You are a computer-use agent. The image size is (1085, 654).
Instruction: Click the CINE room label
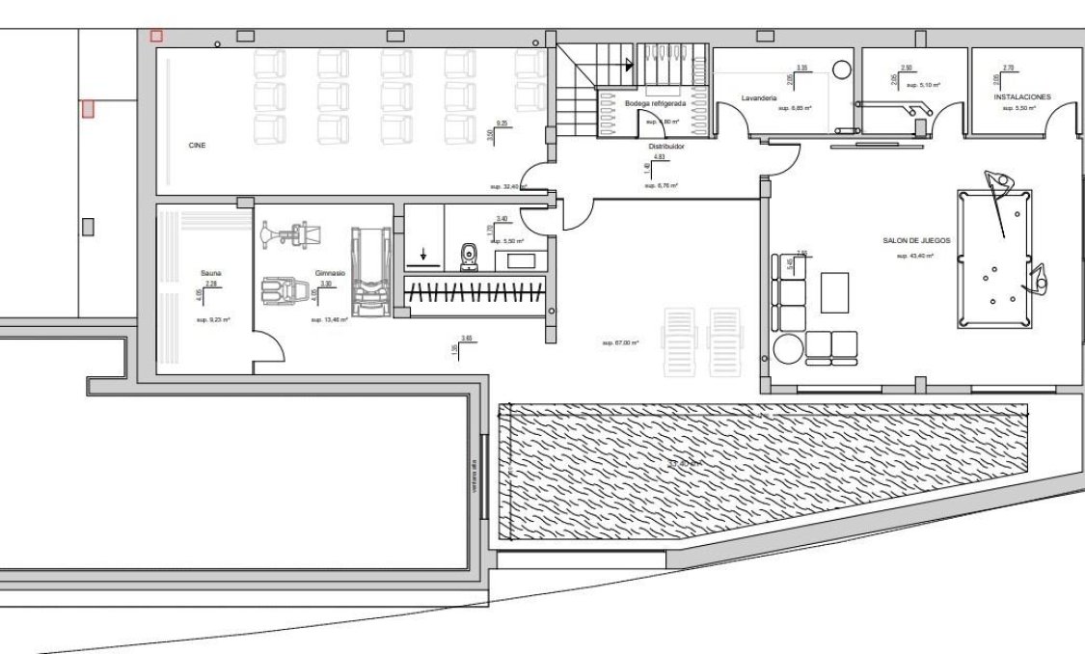[x=197, y=145]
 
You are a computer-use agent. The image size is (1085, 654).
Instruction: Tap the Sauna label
[x=211, y=273]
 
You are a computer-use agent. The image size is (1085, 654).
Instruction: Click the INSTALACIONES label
[x=1021, y=96]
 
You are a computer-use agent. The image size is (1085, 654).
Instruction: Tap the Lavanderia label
[x=759, y=97]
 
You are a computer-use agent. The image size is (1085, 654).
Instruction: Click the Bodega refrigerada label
[x=655, y=102]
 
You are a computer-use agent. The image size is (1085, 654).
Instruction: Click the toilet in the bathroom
[x=470, y=256]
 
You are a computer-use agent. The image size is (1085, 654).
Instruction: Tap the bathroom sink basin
[x=522, y=259]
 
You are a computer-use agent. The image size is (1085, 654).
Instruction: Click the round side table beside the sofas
[x=786, y=347]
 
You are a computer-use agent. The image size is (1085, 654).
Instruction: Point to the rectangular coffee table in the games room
[x=834, y=292]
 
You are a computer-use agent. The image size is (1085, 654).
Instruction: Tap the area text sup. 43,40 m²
[x=914, y=256]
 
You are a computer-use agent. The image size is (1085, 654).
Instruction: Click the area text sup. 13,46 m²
[x=330, y=319]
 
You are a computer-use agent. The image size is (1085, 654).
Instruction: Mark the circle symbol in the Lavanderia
[x=841, y=70]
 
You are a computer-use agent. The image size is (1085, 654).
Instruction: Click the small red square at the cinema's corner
[x=156, y=36]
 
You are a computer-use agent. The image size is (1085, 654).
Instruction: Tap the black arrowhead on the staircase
[x=630, y=66]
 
